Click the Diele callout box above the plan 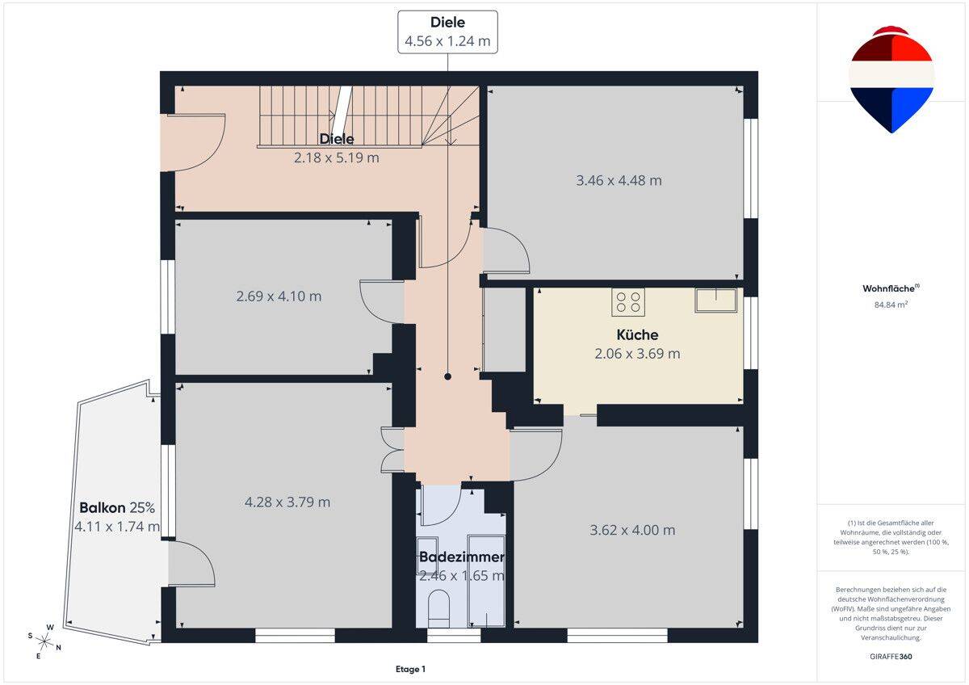point(447,32)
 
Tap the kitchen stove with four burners point(628,301)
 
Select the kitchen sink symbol point(716,300)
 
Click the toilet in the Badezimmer point(438,610)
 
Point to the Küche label point(637,334)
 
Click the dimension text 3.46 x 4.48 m point(619,180)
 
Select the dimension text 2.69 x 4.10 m point(279,296)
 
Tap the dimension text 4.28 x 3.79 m point(287,502)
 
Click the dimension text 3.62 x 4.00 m point(632,530)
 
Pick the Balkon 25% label point(117,507)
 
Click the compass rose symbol point(44,641)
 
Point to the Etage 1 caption point(410,669)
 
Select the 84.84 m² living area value point(891,305)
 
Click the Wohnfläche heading point(891,288)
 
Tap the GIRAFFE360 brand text point(891,657)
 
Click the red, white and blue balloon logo point(891,80)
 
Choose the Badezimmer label point(462,557)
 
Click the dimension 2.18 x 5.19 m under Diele point(337,158)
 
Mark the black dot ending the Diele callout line point(447,376)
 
